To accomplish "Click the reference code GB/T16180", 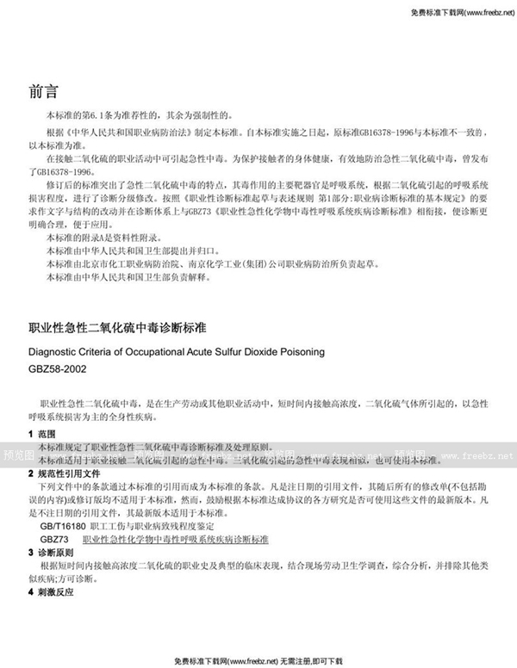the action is click(63, 524).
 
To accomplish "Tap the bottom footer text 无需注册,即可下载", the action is click(310, 659).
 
